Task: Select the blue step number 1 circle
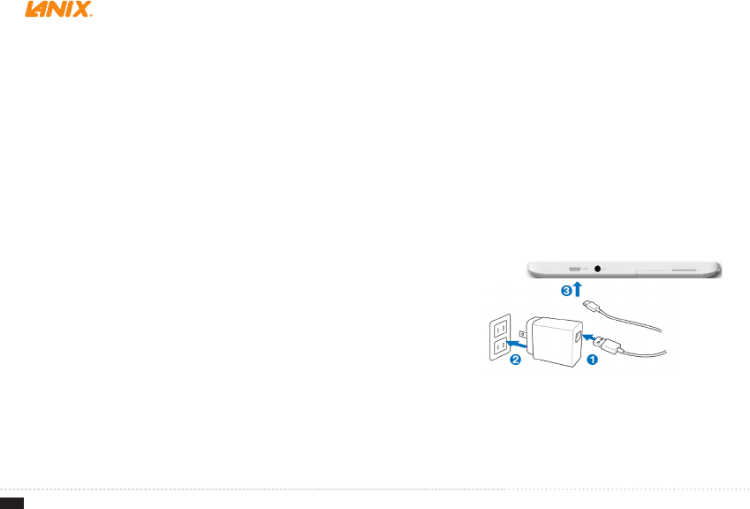coord(591,360)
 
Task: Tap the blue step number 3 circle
coord(566,289)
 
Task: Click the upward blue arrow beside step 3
coord(578,289)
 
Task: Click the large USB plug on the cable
coord(610,346)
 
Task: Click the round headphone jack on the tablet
coord(601,269)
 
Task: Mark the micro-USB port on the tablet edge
coord(575,269)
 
